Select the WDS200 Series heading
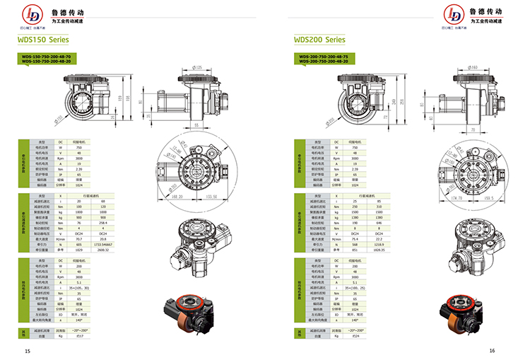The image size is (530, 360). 319,40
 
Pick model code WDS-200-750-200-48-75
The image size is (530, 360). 322,56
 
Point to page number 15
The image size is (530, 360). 28,351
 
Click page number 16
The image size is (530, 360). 492,351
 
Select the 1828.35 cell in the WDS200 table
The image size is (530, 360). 379,250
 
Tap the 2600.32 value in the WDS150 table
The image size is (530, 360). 103,250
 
